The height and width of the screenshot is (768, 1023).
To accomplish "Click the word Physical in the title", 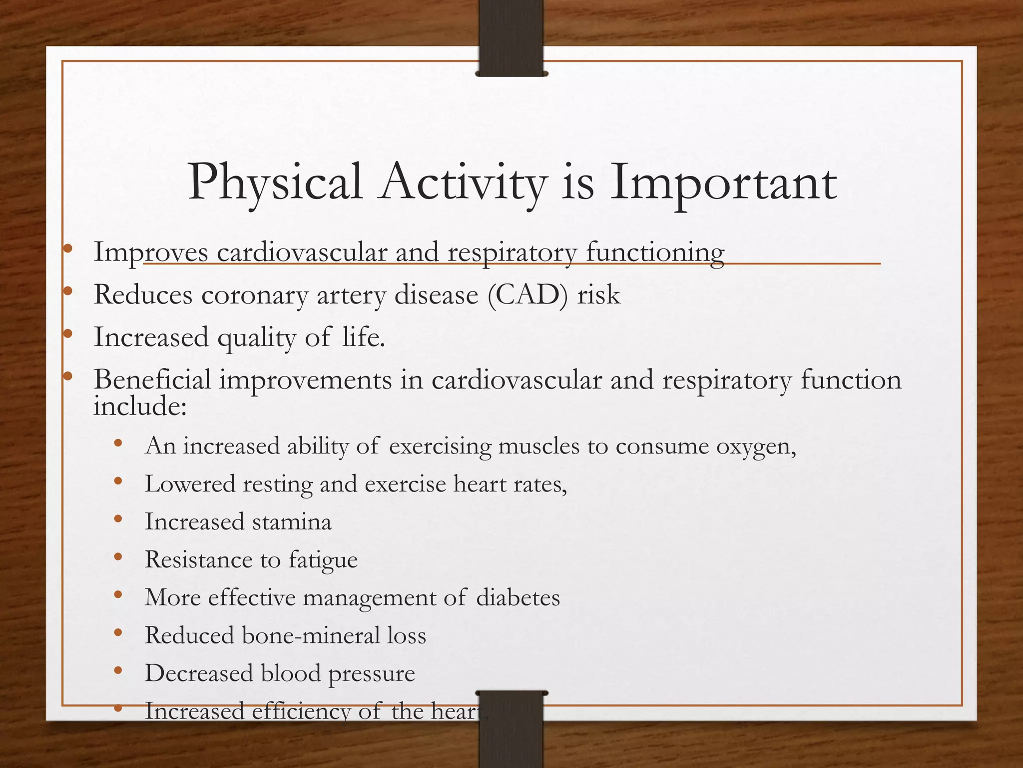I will point(274,183).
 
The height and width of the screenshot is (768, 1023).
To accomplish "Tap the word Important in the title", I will point(723,183).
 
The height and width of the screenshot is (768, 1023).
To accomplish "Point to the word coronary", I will point(255,295).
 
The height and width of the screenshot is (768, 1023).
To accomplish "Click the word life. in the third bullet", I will point(364,336).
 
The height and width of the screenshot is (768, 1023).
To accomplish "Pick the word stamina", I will point(292,521).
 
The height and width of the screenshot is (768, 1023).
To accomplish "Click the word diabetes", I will point(518,597).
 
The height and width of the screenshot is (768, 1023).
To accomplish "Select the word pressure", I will point(372,673).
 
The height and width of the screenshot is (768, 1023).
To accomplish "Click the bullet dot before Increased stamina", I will point(118,519).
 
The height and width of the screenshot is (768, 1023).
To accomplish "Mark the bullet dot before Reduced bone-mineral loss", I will point(118,632).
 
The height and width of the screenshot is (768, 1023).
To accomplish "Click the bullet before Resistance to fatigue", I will point(118,556).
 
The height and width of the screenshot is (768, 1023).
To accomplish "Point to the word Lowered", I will point(190,484).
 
